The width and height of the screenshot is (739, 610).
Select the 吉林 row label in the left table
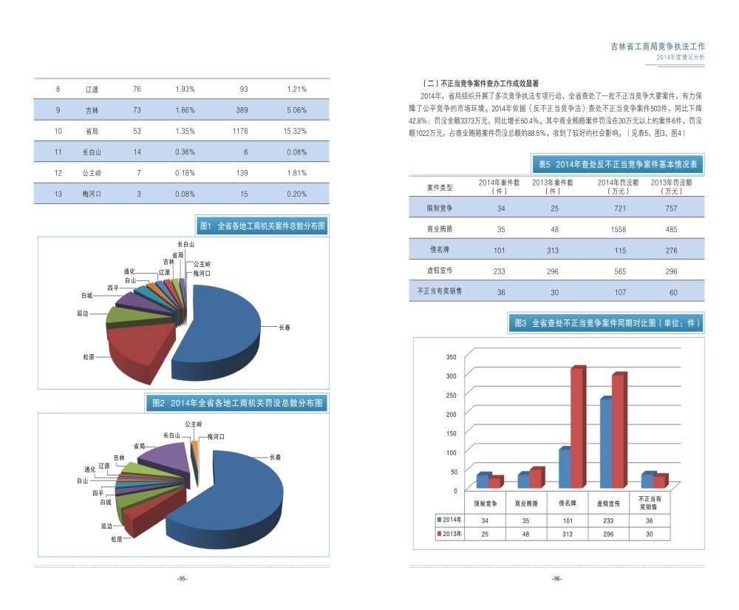92,110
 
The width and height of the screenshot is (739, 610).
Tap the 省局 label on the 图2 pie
139,447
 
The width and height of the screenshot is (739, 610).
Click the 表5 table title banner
618,163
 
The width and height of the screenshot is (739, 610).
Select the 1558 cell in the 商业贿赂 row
619,229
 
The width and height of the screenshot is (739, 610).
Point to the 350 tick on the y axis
452,357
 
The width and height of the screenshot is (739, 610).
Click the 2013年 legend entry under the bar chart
452,533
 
